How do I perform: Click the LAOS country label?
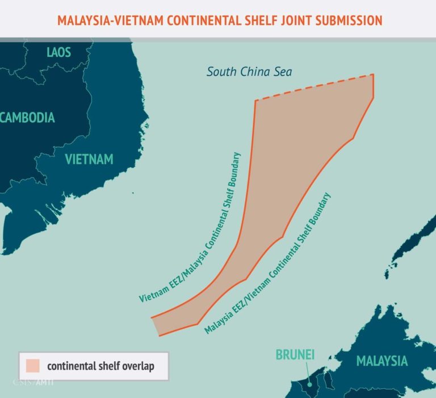(x=59, y=53)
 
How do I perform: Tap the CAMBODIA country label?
(x=28, y=118)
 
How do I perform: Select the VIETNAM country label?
(x=89, y=159)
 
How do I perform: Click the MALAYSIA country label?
(x=381, y=360)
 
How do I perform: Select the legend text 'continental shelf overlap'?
(x=100, y=366)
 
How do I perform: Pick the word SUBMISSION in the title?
(x=347, y=20)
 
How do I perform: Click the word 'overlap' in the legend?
(x=138, y=366)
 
